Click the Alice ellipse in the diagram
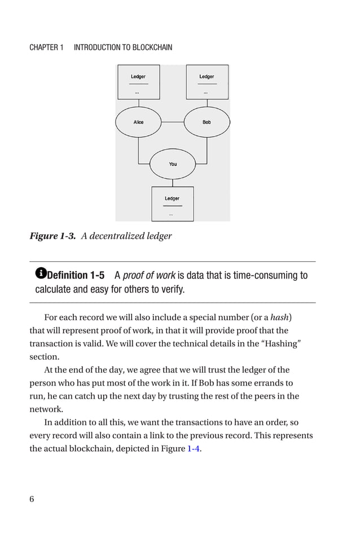tap(138, 122)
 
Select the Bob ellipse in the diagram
tap(207, 122)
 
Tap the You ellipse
tap(173, 164)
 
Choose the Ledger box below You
tap(173, 204)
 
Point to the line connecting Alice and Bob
tap(173, 122)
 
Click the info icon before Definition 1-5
tap(41, 274)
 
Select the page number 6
tap(32, 499)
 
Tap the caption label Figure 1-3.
tap(52, 236)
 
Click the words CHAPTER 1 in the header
tap(46, 47)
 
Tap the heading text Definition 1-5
tap(76, 276)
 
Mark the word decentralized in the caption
tap(118, 236)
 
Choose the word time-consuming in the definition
tap(268, 276)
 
